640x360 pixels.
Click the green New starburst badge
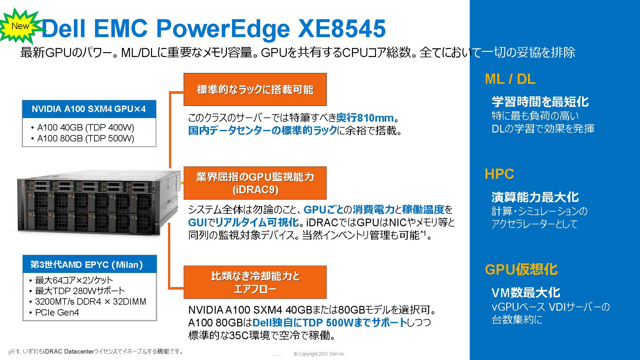[x=20, y=26]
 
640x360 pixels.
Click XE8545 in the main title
[x=341, y=29]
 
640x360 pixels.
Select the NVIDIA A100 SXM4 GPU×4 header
[x=89, y=109]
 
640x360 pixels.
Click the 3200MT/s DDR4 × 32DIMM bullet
[x=88, y=301]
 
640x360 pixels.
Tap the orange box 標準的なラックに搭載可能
[x=255, y=90]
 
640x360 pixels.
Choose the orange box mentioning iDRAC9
[x=255, y=183]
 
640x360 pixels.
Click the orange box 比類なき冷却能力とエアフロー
[x=255, y=282]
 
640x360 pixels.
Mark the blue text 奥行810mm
[x=365, y=118]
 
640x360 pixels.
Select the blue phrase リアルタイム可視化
[x=257, y=222]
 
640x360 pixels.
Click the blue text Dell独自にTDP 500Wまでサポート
[x=330, y=322]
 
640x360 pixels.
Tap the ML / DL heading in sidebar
[x=510, y=79]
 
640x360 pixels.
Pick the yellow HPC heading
[x=499, y=174]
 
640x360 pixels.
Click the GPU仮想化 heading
[x=521, y=269]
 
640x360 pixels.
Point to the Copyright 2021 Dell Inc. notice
[x=320, y=354]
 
